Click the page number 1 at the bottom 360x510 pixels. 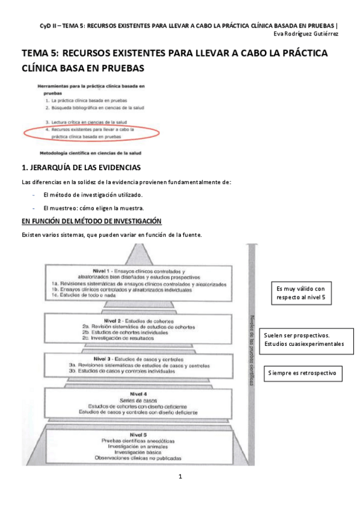coord(180,477)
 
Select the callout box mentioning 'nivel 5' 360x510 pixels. coord(304,293)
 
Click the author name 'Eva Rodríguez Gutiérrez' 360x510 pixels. coord(306,34)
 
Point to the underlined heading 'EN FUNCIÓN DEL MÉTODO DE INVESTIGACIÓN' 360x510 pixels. coord(87,221)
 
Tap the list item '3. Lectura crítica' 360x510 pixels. coord(88,121)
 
